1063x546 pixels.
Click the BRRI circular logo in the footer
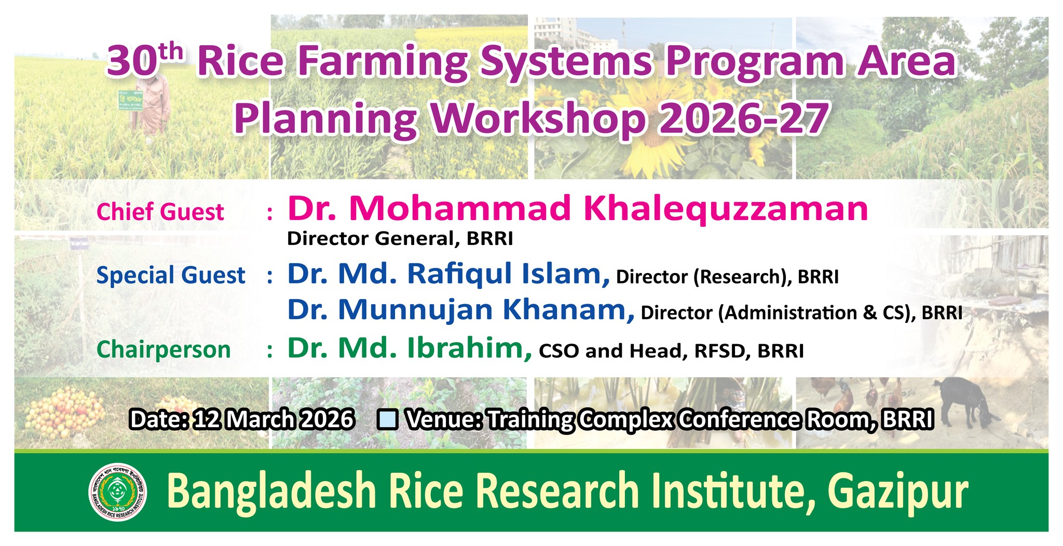pos(118,492)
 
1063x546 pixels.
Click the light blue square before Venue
pos(389,419)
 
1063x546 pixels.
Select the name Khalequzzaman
pos(726,209)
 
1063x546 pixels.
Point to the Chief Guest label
pos(160,212)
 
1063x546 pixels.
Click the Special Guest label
pos(171,275)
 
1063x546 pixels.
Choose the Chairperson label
pos(163,349)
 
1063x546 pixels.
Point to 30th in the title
pos(145,61)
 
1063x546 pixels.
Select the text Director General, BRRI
pos(400,239)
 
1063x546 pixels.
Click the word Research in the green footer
pos(557,491)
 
